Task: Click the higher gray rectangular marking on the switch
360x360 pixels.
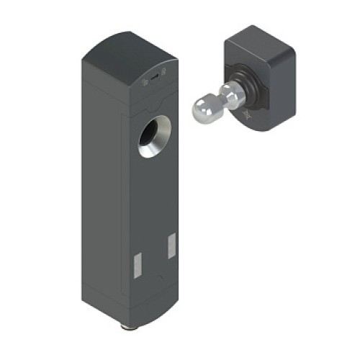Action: pos(171,246)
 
